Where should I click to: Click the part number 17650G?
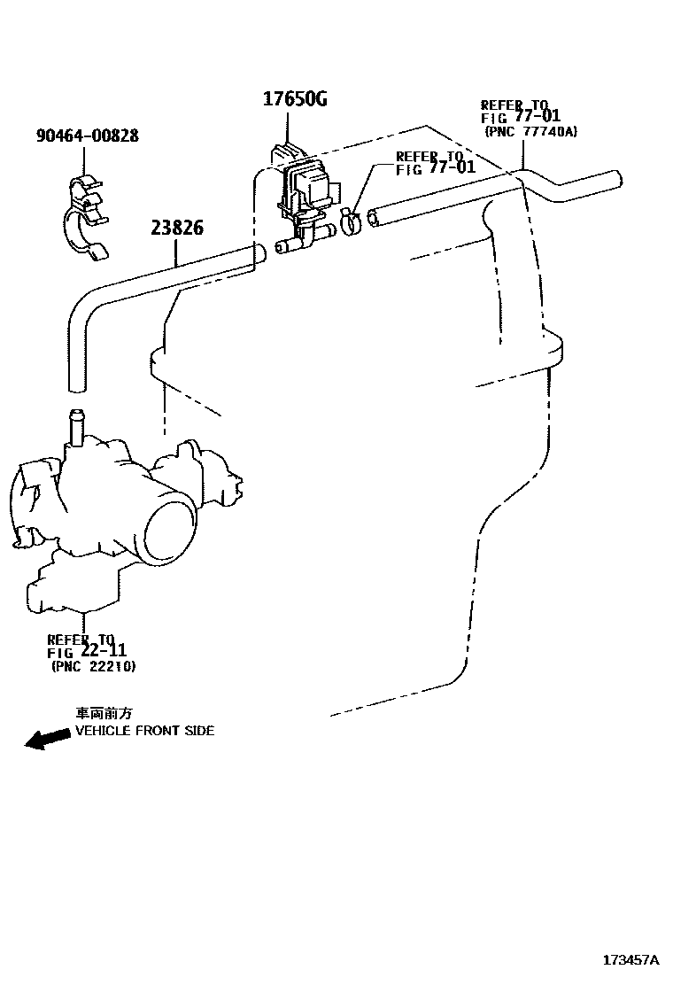point(294,99)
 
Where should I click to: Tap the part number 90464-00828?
point(87,136)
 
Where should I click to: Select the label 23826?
point(176,228)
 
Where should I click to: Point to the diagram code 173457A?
point(631,960)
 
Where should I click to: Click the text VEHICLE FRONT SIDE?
point(144,731)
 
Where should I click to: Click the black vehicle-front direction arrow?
point(47,739)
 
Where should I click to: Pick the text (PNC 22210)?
point(93,666)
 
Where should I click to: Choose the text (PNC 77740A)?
point(530,131)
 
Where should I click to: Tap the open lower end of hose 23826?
point(77,384)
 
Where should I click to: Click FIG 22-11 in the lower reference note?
point(86,652)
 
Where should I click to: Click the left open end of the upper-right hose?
point(373,215)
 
